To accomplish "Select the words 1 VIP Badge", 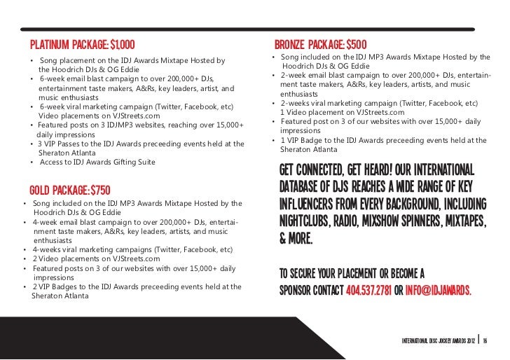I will point(303,140).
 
